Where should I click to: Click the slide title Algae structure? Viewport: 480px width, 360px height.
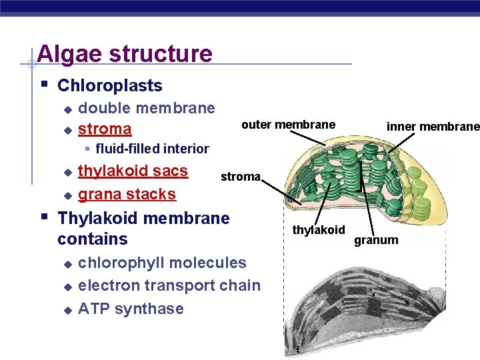[x=125, y=53]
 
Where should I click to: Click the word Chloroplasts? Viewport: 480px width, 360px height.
[x=110, y=85]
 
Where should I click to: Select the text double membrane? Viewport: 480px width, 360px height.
[x=147, y=108]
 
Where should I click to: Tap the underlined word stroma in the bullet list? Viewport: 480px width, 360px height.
[x=105, y=128]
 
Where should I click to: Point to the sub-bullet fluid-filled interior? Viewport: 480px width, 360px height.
[x=152, y=149]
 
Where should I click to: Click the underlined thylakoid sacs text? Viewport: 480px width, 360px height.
[x=133, y=171]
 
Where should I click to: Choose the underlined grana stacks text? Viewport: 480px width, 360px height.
[x=127, y=194]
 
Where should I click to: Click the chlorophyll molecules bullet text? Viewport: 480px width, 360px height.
[x=162, y=263]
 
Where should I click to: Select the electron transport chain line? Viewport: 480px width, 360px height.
[x=169, y=285]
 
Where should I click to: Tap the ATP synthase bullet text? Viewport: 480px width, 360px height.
[x=131, y=309]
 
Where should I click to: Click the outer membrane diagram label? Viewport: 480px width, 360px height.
[x=288, y=125]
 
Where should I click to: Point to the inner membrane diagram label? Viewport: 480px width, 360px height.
[x=433, y=127]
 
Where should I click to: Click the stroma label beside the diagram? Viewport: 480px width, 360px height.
[x=240, y=177]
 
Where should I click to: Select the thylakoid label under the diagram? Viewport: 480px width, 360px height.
[x=319, y=230]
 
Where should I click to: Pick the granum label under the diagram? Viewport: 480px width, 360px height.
[x=376, y=239]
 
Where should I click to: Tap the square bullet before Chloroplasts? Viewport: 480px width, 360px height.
[x=43, y=85]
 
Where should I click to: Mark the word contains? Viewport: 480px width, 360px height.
[x=93, y=239]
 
